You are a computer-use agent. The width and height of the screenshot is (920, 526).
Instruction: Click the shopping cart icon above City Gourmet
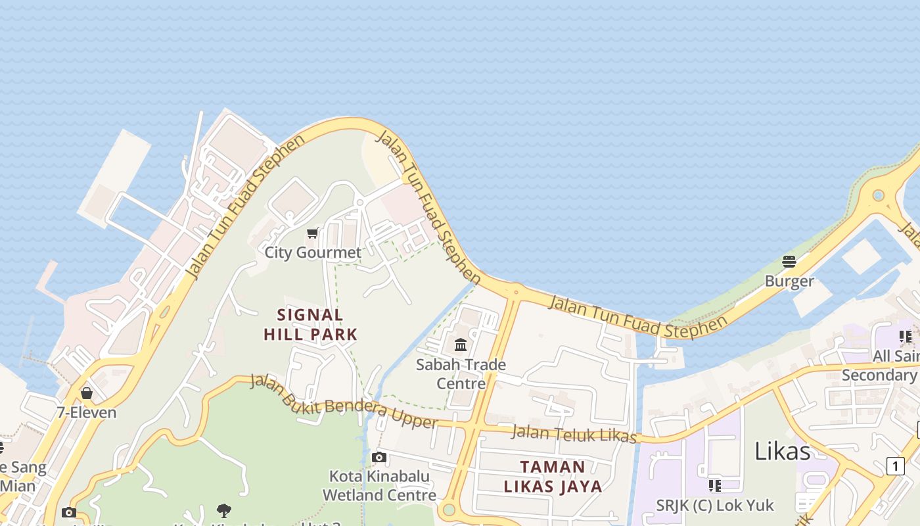313,233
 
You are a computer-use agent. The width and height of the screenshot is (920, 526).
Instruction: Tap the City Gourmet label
313,252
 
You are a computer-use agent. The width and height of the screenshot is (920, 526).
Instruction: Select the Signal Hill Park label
311,325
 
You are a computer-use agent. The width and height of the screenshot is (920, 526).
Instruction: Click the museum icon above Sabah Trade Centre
461,345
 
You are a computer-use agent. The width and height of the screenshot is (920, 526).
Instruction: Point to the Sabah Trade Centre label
461,373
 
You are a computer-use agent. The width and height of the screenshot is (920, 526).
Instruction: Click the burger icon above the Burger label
789,262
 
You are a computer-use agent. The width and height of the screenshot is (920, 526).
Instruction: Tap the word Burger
789,281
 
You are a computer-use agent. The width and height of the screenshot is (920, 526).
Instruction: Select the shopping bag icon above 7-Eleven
86,393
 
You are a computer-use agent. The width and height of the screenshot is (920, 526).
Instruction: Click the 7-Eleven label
86,413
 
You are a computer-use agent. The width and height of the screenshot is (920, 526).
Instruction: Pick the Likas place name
782,451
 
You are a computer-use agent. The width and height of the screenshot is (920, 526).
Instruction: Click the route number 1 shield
895,466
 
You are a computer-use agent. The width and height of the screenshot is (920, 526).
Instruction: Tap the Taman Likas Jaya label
553,477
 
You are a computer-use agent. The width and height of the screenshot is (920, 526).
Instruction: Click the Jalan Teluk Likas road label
574,434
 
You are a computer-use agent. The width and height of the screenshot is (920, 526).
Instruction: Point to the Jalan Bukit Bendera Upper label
344,402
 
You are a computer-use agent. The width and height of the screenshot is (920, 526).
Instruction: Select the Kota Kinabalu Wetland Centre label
379,485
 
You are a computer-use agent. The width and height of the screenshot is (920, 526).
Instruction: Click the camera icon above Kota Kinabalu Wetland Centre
379,457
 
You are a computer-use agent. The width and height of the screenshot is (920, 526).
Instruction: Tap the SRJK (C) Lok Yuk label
715,506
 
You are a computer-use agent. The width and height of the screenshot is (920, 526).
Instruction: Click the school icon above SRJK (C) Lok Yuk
715,486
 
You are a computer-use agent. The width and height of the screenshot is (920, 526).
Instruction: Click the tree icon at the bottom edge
224,510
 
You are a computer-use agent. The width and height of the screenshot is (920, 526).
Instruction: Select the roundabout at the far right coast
878,196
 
